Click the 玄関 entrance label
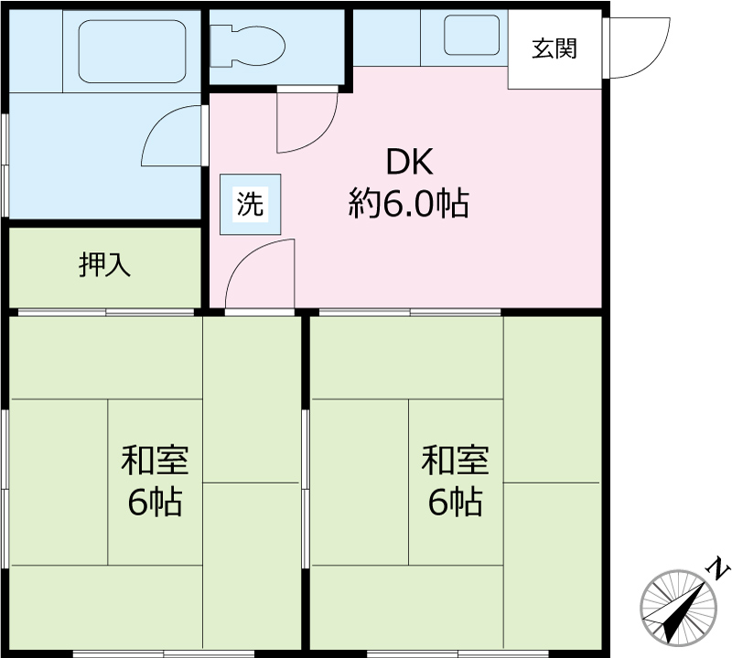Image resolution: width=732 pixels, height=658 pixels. pyautogui.click(x=555, y=49)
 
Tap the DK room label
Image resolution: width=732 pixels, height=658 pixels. pyautogui.click(x=408, y=163)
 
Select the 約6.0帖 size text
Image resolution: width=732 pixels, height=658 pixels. pyautogui.click(x=408, y=204)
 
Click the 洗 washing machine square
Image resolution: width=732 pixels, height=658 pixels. pyautogui.click(x=250, y=204)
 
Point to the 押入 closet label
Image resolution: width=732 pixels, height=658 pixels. pyautogui.click(x=105, y=265)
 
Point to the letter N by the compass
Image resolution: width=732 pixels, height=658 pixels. pyautogui.click(x=721, y=569)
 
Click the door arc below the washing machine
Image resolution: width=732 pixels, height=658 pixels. pyautogui.click(x=262, y=274)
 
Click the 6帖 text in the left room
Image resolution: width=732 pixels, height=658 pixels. pyautogui.click(x=155, y=502)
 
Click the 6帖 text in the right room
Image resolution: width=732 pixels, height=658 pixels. pyautogui.click(x=455, y=502)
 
